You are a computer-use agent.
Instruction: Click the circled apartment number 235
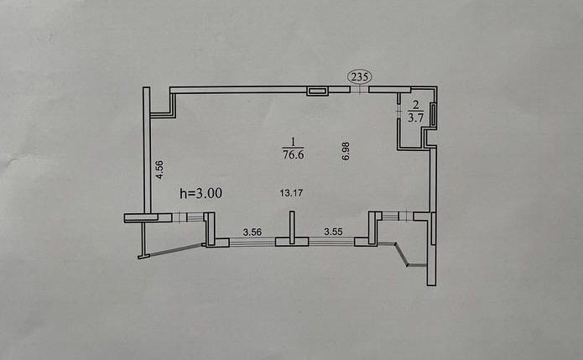[x=360, y=77]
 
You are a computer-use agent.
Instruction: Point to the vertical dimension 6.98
[x=345, y=150]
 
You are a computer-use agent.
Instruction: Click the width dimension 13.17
[x=290, y=193]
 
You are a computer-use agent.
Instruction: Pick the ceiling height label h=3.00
[x=201, y=193]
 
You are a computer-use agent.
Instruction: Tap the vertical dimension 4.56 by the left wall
[x=158, y=170]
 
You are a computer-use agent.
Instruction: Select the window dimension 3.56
[x=252, y=231]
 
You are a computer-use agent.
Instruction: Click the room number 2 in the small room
[x=414, y=107]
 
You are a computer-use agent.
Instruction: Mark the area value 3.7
[x=414, y=118]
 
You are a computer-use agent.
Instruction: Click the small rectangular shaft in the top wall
[x=316, y=91]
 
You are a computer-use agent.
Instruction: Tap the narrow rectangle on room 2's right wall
[x=433, y=113]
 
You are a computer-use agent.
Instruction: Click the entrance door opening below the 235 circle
[x=360, y=90]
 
